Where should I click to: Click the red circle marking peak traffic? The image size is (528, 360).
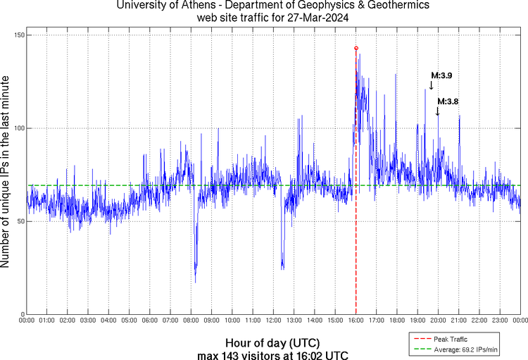(356, 48)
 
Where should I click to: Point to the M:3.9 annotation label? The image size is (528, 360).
(441, 75)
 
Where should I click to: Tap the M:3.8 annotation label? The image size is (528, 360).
(448, 101)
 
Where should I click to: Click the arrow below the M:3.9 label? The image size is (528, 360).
(432, 85)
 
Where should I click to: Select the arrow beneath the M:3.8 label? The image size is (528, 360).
(437, 111)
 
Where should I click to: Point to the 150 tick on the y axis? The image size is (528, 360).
(19, 35)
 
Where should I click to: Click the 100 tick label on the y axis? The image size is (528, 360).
(19, 128)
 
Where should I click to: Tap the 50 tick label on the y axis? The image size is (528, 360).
(20, 221)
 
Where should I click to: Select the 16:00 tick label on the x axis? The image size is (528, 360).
(356, 321)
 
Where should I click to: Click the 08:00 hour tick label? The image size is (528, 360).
(191, 321)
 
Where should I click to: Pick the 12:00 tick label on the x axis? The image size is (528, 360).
(274, 321)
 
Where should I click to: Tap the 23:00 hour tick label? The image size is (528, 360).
(500, 321)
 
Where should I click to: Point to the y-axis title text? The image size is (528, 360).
(6, 173)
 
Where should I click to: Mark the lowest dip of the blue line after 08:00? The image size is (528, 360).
(195, 283)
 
